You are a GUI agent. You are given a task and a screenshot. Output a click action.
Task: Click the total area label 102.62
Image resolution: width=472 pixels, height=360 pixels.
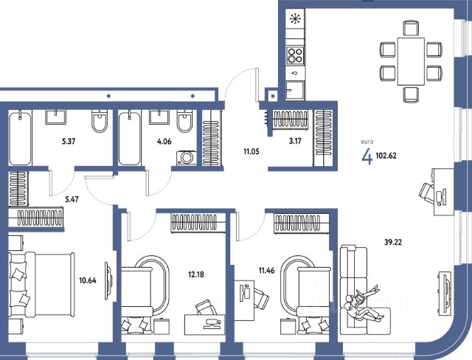coord(386,156)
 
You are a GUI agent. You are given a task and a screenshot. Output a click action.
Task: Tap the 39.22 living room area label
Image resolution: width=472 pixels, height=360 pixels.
coord(393,242)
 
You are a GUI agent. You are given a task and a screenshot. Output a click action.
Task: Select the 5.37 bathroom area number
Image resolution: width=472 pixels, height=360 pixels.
coord(69,141)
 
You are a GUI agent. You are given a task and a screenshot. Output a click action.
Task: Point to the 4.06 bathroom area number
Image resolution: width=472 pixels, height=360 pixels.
coord(164,141)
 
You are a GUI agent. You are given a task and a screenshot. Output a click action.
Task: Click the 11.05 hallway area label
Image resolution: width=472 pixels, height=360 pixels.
coord(251,152)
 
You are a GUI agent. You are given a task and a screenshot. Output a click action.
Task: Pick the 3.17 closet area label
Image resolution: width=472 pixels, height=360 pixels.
coord(295,141)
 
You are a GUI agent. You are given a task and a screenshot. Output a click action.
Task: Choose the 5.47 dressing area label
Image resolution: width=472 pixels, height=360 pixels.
coord(72,199)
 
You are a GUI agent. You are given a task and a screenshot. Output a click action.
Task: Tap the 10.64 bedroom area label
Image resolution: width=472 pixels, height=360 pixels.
coord(88,280)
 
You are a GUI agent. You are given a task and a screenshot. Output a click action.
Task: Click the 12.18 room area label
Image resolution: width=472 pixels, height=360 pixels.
coord(196,274)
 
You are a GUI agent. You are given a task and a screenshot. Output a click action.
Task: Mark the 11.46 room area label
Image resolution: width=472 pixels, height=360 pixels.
coord(267,270)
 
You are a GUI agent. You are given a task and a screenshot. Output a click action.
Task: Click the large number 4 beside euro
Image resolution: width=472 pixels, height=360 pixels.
coord(367,156)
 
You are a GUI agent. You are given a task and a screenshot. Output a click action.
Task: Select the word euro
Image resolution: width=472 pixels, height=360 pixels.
coord(367,142)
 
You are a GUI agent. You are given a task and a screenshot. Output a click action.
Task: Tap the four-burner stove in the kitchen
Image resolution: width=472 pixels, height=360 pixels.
coord(295,55)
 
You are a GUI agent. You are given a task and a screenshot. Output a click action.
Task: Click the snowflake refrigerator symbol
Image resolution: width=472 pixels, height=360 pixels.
coord(295,19)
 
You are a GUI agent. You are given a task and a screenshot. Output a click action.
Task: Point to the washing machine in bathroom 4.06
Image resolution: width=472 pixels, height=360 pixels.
coord(187,158)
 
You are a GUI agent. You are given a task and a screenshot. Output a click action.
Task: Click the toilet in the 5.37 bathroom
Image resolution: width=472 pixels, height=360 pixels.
coord(100,122)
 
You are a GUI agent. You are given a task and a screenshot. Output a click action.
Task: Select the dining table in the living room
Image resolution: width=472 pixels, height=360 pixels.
coord(411,61)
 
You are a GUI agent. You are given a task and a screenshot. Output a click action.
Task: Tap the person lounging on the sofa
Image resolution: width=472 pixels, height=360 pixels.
coord(363,305)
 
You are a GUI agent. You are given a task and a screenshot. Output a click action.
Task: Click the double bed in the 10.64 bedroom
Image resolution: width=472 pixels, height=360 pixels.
coord(41,285)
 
